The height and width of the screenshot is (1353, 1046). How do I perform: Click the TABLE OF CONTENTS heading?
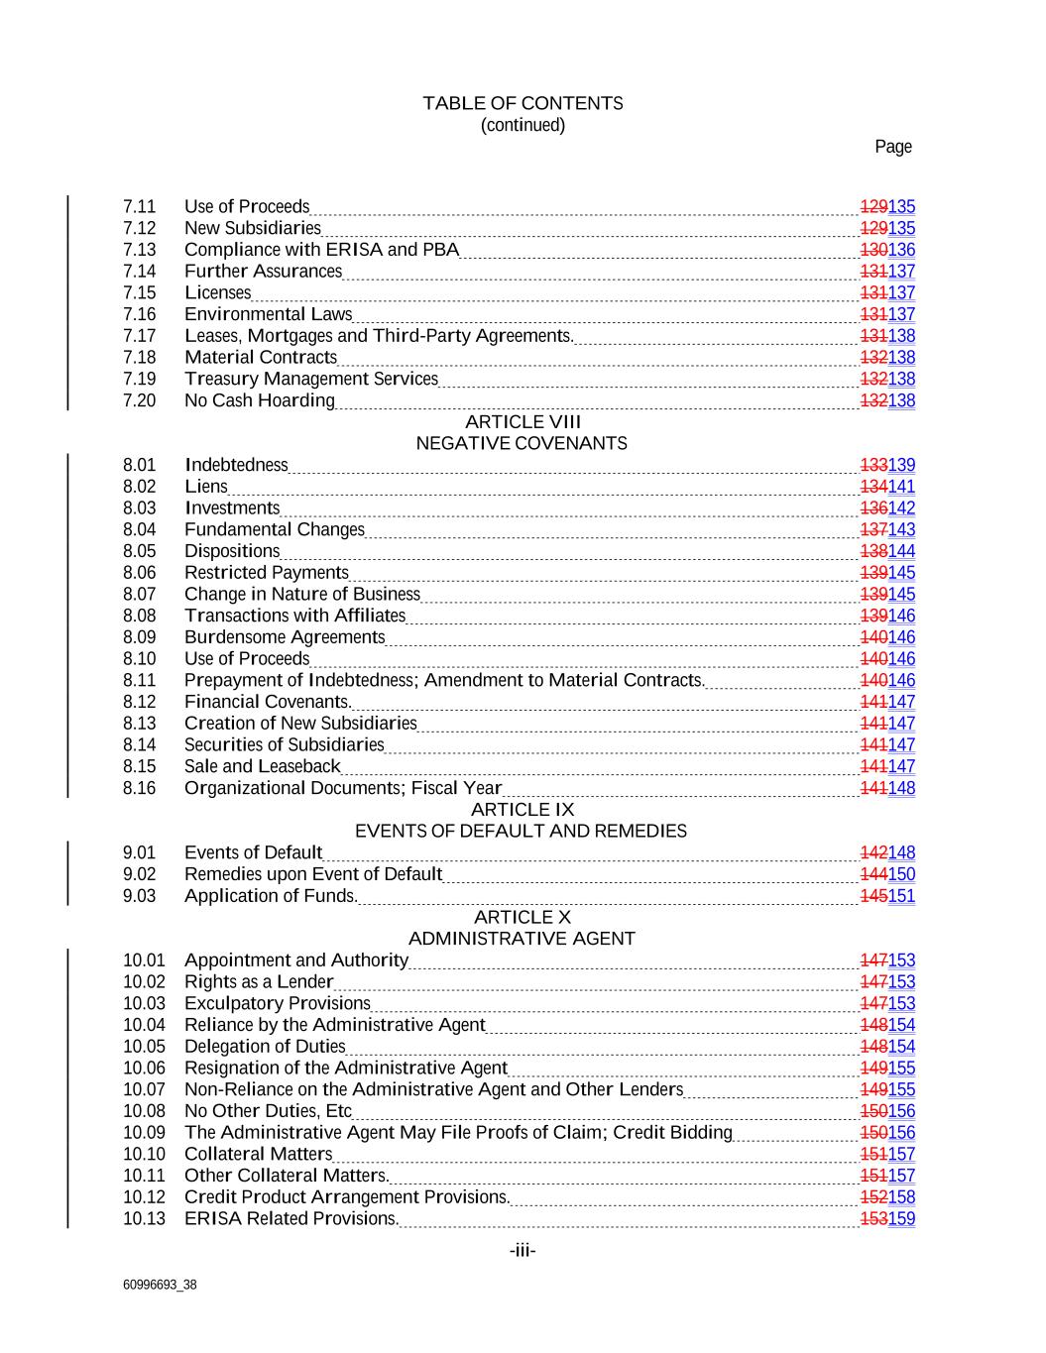(523, 103)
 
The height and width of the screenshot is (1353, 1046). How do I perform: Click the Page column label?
(892, 147)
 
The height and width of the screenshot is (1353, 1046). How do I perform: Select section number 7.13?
(140, 250)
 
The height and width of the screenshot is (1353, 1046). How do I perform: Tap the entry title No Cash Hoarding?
(260, 400)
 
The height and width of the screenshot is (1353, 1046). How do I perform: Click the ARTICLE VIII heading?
(523, 422)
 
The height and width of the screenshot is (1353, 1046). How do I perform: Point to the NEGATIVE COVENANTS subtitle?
(522, 443)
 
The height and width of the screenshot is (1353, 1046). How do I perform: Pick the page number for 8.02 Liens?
(887, 487)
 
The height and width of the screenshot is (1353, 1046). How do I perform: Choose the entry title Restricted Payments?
(267, 573)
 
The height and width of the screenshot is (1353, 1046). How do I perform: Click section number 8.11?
(140, 680)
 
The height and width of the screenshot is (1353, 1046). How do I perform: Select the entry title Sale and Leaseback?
(262, 766)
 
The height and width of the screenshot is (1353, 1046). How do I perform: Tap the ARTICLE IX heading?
(523, 810)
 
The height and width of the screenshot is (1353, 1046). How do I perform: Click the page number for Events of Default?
(887, 852)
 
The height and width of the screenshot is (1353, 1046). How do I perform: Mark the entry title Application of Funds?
(270, 896)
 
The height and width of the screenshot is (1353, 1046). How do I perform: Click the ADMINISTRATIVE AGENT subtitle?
(522, 939)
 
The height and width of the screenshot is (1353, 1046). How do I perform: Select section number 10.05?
(144, 1047)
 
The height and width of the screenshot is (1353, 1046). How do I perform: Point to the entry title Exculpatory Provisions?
(278, 1003)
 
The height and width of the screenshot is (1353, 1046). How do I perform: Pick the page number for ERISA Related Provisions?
(887, 1219)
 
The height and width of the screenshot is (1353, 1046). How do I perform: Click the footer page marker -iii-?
(523, 1251)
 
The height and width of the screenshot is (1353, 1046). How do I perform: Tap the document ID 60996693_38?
(160, 1285)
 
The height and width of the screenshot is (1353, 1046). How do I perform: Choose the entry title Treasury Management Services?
(311, 379)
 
